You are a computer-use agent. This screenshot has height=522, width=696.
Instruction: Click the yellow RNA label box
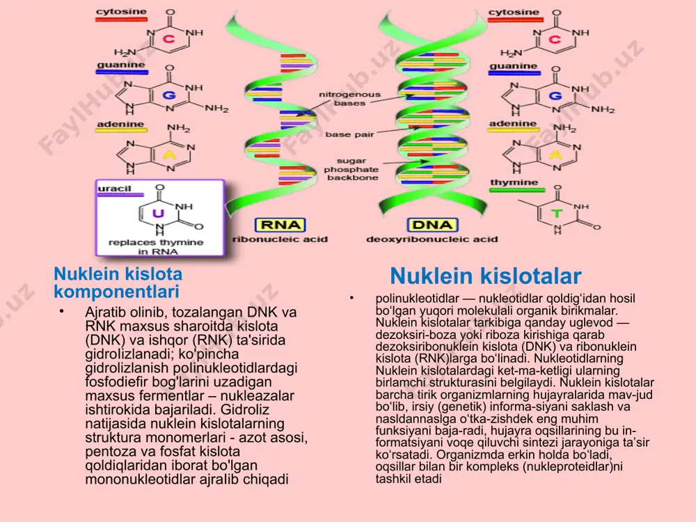[280, 225]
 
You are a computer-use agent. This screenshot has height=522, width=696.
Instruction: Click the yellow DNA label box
[432, 225]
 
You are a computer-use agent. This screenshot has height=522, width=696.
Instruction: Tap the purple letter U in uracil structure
[158, 214]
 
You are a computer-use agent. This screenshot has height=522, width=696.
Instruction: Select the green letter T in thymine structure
[557, 214]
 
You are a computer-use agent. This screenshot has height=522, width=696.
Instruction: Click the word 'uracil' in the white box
[115, 188]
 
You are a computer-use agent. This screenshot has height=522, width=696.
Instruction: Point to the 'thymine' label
[514, 182]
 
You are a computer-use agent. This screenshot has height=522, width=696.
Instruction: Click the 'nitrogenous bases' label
[350, 99]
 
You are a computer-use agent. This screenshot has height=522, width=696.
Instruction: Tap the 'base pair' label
[350, 134]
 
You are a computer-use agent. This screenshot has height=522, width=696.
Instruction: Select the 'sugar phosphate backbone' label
[351, 169]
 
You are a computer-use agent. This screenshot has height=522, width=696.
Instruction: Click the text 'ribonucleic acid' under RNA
[280, 239]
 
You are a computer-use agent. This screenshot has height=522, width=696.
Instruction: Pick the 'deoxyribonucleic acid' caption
[432, 239]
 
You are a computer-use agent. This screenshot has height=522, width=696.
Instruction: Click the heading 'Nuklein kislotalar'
[486, 276]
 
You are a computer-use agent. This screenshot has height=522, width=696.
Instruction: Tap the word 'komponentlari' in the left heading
[117, 292]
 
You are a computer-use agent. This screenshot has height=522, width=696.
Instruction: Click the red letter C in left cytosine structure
[168, 39]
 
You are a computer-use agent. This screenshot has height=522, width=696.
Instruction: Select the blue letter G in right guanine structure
[555, 95]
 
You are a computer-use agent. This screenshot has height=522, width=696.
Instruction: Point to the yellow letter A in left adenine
[169, 155]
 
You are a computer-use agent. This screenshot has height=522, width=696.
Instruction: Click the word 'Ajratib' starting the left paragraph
[105, 313]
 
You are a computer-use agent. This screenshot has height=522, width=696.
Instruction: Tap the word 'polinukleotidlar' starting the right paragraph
[417, 299]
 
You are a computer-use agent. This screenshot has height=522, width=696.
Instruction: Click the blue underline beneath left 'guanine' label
[122, 72]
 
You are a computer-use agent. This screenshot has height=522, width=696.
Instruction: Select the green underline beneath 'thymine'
[517, 191]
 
